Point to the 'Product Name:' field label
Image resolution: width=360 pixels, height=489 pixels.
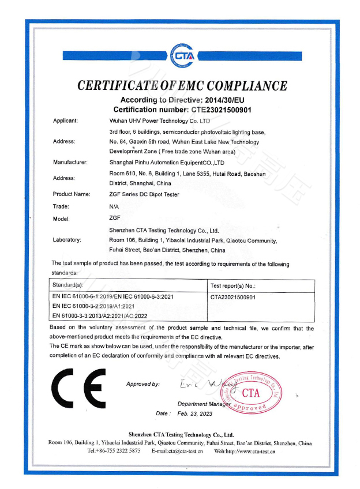(72, 194)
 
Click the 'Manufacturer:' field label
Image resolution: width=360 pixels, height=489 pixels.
(70, 163)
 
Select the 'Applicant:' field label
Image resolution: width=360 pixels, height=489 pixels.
(65, 121)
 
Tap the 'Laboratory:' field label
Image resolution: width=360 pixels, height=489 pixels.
(67, 239)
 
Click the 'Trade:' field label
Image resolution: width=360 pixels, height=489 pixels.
(61, 206)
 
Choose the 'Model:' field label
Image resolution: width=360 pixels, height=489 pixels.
(61, 219)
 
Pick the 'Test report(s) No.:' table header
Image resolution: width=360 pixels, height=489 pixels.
(234, 285)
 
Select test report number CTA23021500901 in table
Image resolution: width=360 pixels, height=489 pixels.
(234, 296)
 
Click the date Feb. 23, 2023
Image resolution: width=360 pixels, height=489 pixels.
(195, 413)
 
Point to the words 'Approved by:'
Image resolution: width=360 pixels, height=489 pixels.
(142, 384)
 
